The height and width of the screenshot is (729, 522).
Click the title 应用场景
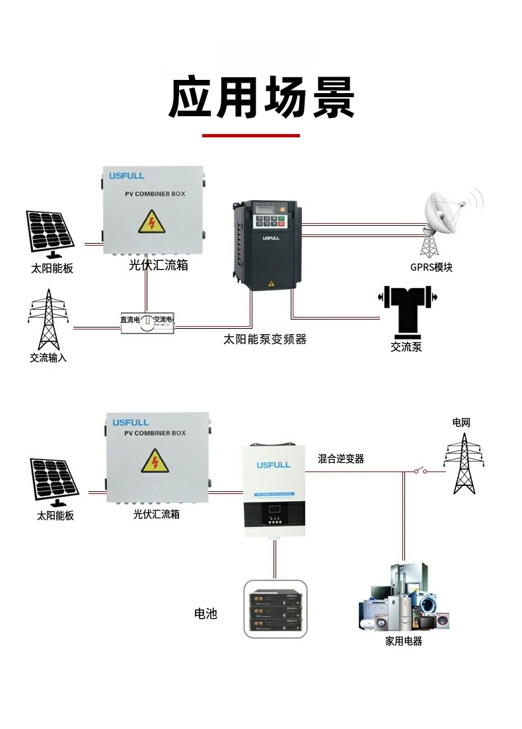pyautogui.click(x=261, y=98)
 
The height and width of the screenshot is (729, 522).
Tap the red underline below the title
pyautogui.click(x=250, y=135)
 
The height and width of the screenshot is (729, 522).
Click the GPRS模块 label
pyautogui.click(x=431, y=267)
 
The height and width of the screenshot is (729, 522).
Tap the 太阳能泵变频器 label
pyautogui.click(x=265, y=339)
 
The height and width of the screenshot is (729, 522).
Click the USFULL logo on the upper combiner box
pyautogui.click(x=126, y=176)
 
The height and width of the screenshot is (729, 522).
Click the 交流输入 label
pyautogui.click(x=48, y=358)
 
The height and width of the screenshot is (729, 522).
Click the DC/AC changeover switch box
pyautogui.click(x=147, y=321)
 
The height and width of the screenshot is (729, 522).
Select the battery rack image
pyautogui.click(x=276, y=609)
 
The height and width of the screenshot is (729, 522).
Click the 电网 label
pyautogui.click(x=461, y=422)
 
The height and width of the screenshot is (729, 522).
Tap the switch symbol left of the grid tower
pyautogui.click(x=420, y=471)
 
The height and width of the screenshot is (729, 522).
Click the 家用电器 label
pyautogui.click(x=404, y=641)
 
